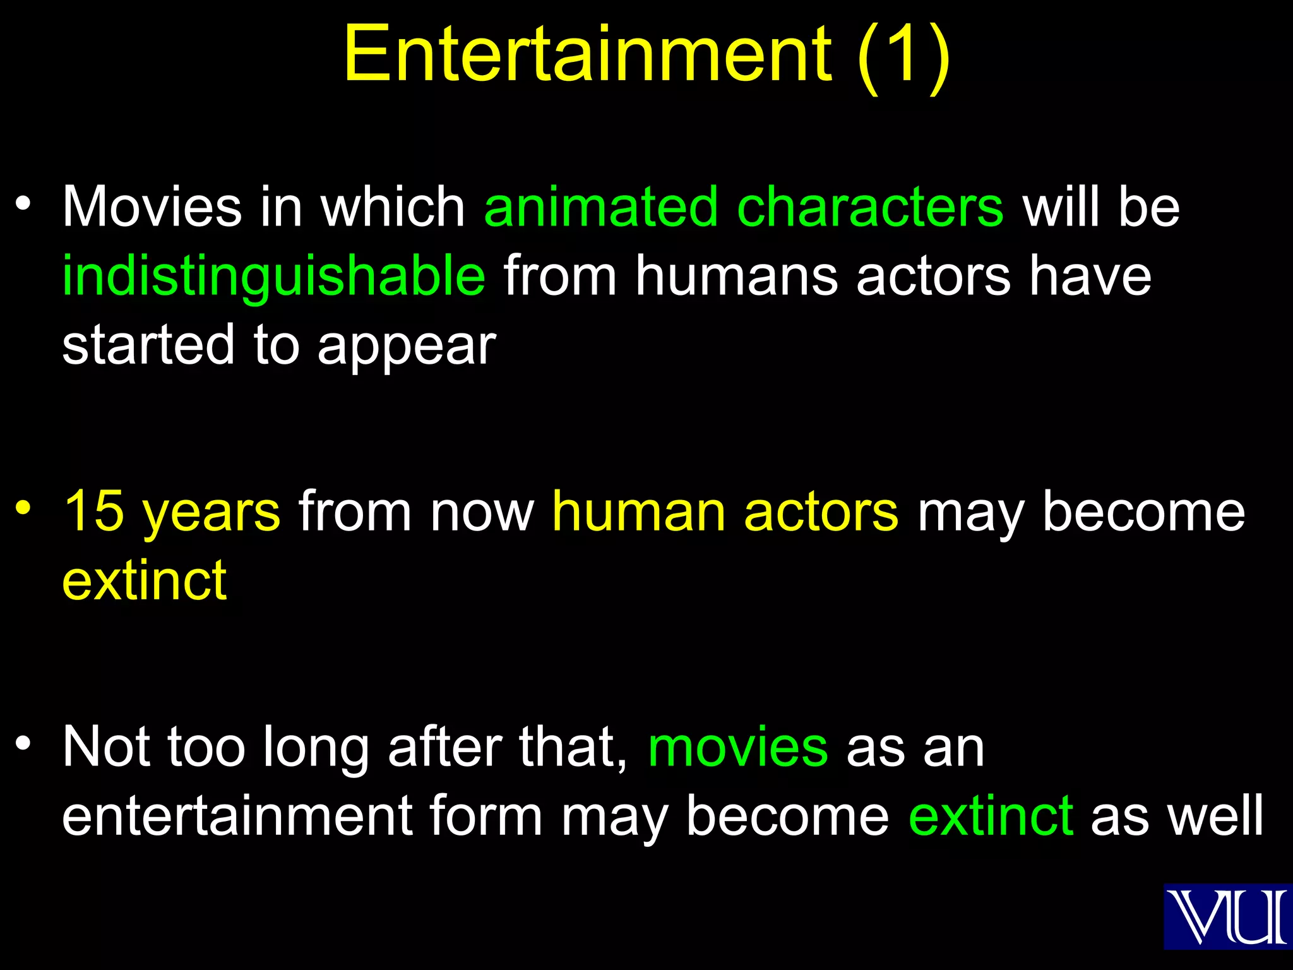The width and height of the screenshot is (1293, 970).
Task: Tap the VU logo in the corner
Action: point(1227,916)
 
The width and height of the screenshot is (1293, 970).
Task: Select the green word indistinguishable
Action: point(274,276)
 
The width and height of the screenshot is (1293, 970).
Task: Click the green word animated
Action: point(600,207)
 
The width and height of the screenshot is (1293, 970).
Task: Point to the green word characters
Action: point(870,207)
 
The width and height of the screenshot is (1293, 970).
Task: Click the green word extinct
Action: point(991,815)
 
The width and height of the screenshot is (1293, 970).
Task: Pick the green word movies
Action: point(737,747)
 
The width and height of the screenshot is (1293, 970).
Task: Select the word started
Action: point(148,345)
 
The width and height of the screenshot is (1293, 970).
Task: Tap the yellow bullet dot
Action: point(23,507)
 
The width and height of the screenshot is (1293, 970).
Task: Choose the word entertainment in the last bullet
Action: point(237,815)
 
